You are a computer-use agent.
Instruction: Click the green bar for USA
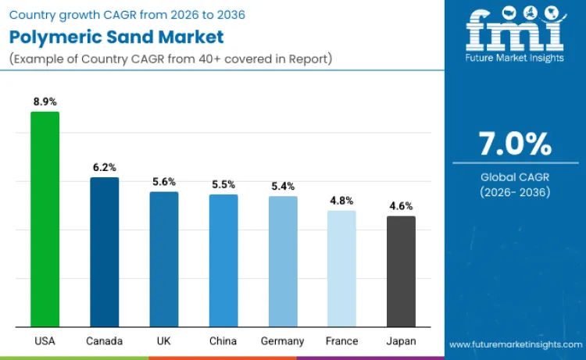45,219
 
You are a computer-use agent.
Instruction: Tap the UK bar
164,258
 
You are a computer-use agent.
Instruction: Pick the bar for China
223,260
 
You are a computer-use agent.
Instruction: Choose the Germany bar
283,261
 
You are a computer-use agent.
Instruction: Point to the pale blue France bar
341,268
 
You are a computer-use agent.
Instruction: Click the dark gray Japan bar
402,271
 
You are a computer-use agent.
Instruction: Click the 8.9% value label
45,102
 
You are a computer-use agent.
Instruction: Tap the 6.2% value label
104,167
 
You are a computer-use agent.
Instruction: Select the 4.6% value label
402,206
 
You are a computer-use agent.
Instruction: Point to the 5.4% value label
283,186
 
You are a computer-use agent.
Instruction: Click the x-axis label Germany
283,341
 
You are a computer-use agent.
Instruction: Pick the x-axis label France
342,341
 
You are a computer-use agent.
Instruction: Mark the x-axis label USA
45,341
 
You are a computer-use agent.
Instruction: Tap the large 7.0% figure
515,144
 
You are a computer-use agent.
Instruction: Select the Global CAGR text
515,177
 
